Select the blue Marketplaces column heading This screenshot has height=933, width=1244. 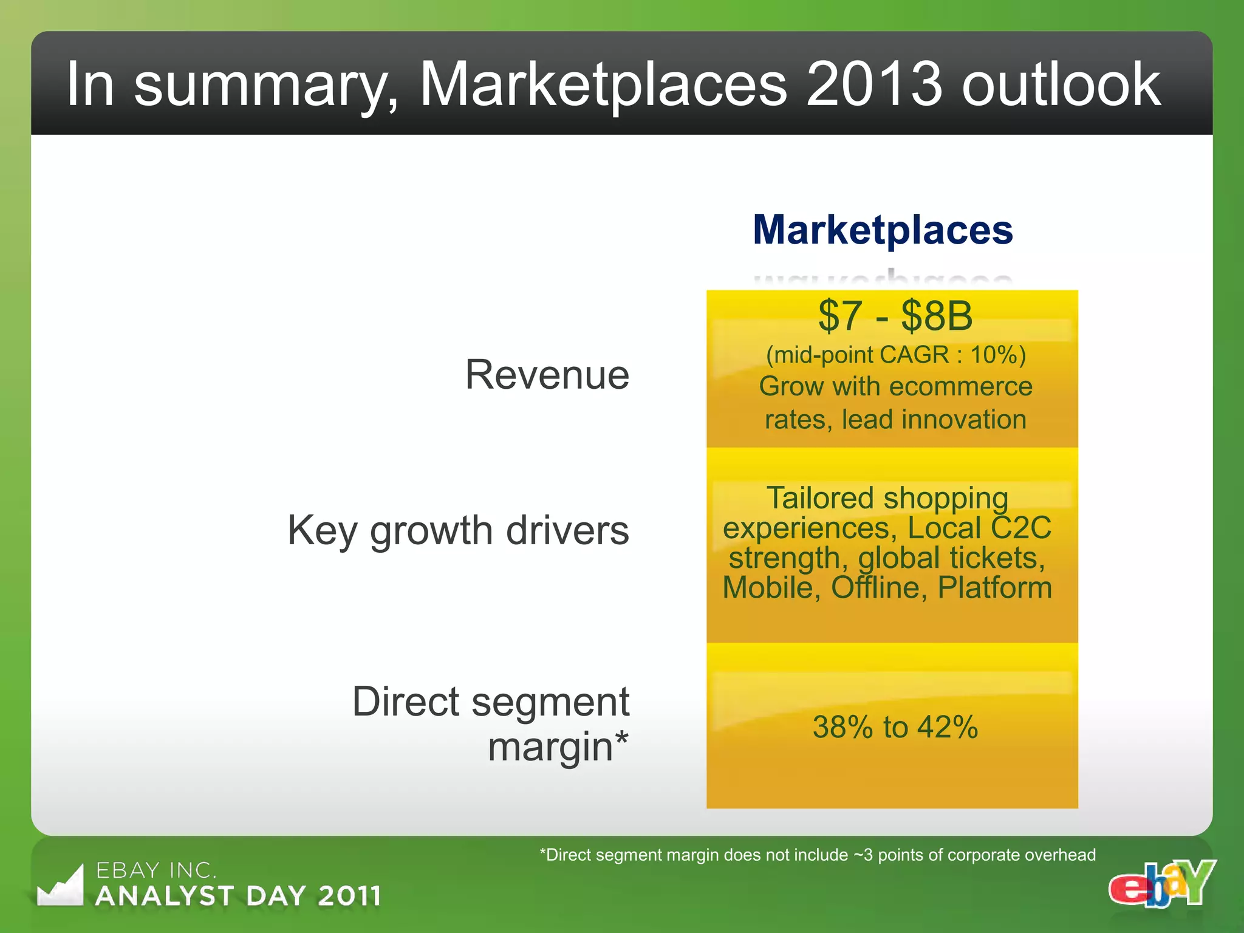(x=883, y=230)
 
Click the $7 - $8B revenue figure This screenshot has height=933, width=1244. (x=895, y=316)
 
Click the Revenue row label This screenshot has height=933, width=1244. (x=547, y=374)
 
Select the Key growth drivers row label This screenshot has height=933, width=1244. (x=458, y=530)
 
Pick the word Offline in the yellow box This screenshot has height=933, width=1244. (x=879, y=587)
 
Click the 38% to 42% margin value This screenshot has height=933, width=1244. (x=895, y=727)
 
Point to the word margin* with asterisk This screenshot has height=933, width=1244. (x=558, y=747)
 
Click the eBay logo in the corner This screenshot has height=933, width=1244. (x=1161, y=884)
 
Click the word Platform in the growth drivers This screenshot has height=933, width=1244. (x=994, y=587)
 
